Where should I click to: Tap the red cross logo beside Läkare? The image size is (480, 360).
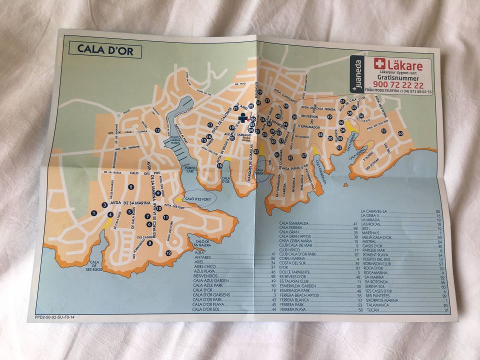(x=379, y=64)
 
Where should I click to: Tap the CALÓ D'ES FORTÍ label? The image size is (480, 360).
(x=198, y=199)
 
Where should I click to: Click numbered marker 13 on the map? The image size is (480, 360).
(x=157, y=130)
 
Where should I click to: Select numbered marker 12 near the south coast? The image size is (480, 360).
(x=168, y=253)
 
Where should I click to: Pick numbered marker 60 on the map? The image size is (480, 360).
(x=400, y=133)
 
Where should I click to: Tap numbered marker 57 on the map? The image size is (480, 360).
(x=383, y=131)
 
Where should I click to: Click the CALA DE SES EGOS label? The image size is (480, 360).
(x=94, y=264)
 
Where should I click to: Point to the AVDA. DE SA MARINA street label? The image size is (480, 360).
(x=127, y=203)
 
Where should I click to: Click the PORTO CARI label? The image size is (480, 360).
(x=188, y=170)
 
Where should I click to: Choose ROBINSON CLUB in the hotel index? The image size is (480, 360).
(x=382, y=263)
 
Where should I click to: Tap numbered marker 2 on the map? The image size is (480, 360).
(x=131, y=187)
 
